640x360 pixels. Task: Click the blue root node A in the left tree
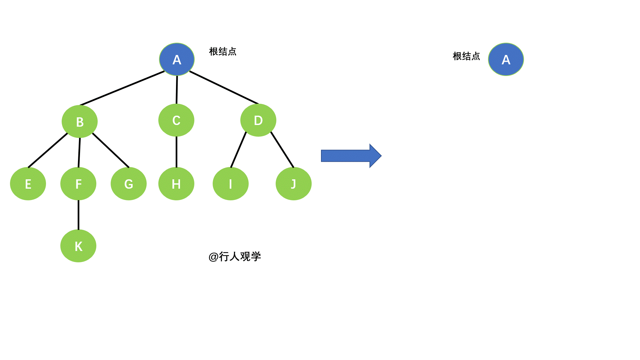point(177,59)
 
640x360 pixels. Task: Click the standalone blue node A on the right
point(506,59)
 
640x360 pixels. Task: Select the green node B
point(80,122)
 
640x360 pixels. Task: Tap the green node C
point(176,120)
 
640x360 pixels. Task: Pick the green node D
point(258,120)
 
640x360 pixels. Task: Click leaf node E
point(28,184)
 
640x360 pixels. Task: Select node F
point(78,184)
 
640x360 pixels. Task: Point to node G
point(129,184)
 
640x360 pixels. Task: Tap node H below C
point(176,184)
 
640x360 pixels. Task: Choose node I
point(231,184)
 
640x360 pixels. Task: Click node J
point(294,184)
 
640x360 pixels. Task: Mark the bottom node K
point(78,246)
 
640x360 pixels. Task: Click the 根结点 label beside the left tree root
point(223,52)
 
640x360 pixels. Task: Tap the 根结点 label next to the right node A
point(466,56)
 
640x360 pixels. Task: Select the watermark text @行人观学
point(235,257)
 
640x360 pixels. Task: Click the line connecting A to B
point(122,88)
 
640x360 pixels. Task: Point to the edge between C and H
point(176,152)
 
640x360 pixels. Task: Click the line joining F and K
point(78,215)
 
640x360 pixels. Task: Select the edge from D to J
point(282,150)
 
